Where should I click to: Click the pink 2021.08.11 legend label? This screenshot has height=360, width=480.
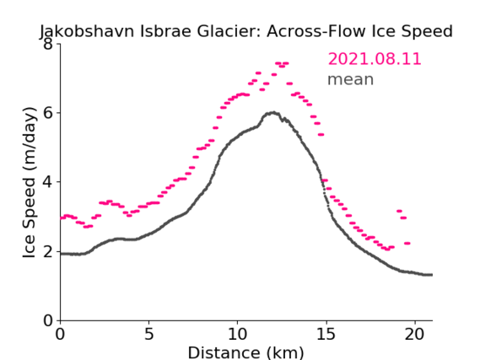pyautogui.click(x=375, y=59)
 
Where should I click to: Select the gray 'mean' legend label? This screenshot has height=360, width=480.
pyautogui.click(x=351, y=79)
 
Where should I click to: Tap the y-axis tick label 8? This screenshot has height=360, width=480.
pyautogui.click(x=48, y=44)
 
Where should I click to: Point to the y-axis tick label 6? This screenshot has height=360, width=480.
pyautogui.click(x=48, y=113)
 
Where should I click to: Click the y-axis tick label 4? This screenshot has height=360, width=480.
pyautogui.click(x=48, y=182)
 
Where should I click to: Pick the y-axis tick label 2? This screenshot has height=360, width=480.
pyautogui.click(x=48, y=251)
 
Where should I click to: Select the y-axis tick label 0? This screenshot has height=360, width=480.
pyautogui.click(x=48, y=320)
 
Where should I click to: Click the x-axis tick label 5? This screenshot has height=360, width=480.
pyautogui.click(x=148, y=334)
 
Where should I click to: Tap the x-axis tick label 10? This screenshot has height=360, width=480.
pyautogui.click(x=237, y=334)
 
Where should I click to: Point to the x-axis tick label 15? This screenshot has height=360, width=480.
pyautogui.click(x=326, y=334)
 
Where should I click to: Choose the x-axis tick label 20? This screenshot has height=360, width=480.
pyautogui.click(x=415, y=334)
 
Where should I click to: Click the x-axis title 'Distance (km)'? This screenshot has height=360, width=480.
pyautogui.click(x=245, y=352)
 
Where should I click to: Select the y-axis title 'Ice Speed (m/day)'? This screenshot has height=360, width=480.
pyautogui.click(x=30, y=182)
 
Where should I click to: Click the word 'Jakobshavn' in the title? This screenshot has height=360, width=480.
pyautogui.click(x=87, y=31)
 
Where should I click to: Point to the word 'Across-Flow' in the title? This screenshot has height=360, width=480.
pyautogui.click(x=316, y=31)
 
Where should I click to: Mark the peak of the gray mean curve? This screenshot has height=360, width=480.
pyautogui.click(x=273, y=113)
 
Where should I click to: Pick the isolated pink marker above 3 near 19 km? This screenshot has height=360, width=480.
pyautogui.click(x=399, y=211)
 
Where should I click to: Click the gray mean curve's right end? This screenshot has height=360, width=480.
pyautogui.click(x=432, y=275)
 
